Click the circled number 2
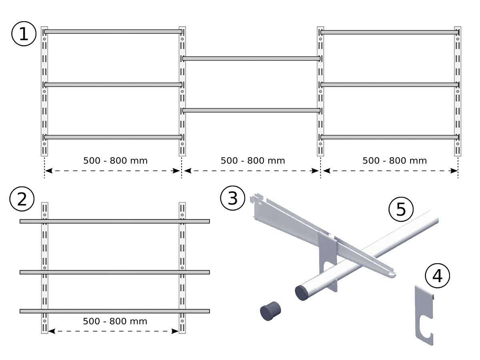point(22,199)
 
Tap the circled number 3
point(233,198)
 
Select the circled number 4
point(438,276)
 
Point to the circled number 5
point(401,209)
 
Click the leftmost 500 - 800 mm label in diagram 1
point(115,161)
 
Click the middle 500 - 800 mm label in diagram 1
point(253,161)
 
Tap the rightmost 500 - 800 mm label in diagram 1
point(394,161)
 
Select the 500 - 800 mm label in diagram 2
point(115,321)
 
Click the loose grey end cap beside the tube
point(270,311)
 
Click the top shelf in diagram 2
point(115,221)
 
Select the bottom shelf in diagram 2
point(115,311)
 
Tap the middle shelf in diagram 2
point(115,272)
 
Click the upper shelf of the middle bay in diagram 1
point(251,59)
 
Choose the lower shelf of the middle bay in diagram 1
point(251,110)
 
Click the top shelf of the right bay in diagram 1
point(390,32)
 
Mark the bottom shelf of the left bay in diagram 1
point(113,137)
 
